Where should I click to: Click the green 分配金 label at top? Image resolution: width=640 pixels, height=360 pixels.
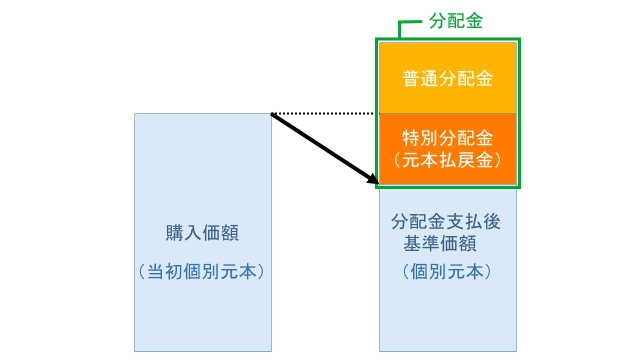click(455, 21)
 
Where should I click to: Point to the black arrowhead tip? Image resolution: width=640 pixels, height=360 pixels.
click(377, 183)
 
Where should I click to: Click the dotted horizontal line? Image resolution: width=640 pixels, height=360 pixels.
click(325, 113)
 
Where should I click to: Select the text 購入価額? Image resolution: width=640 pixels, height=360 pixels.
click(202, 233)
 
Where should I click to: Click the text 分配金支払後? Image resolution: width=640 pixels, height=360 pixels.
click(446, 222)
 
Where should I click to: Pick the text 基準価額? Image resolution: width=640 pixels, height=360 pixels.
click(439, 244)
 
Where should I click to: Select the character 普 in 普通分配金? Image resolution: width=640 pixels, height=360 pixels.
click(411, 79)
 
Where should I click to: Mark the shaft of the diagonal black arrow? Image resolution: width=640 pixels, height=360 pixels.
click(322, 147)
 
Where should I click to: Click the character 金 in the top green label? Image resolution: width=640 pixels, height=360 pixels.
click(473, 21)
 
